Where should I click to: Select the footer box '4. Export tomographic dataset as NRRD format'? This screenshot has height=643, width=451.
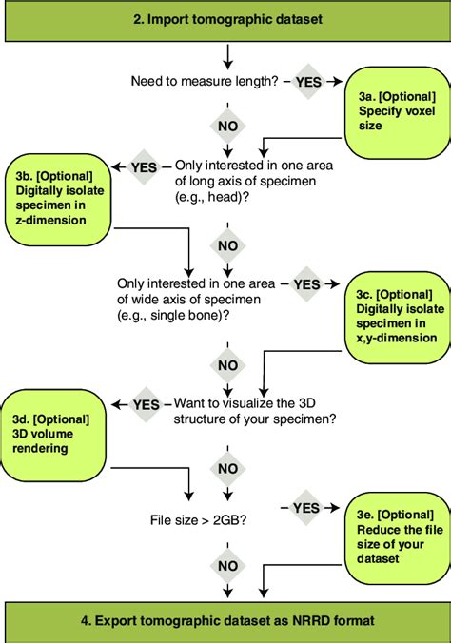(225, 621)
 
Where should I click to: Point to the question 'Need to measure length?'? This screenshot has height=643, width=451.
(205, 81)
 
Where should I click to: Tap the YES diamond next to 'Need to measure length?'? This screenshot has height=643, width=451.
(308, 82)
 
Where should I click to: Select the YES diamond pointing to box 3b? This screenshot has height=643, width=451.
(144, 167)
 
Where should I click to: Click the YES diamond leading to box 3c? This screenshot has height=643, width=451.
(307, 283)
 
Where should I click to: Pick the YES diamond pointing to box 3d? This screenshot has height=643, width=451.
(146, 404)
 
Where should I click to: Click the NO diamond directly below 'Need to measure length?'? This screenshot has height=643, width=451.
(226, 124)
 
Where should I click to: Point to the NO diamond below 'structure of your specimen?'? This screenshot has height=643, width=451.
(226, 468)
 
